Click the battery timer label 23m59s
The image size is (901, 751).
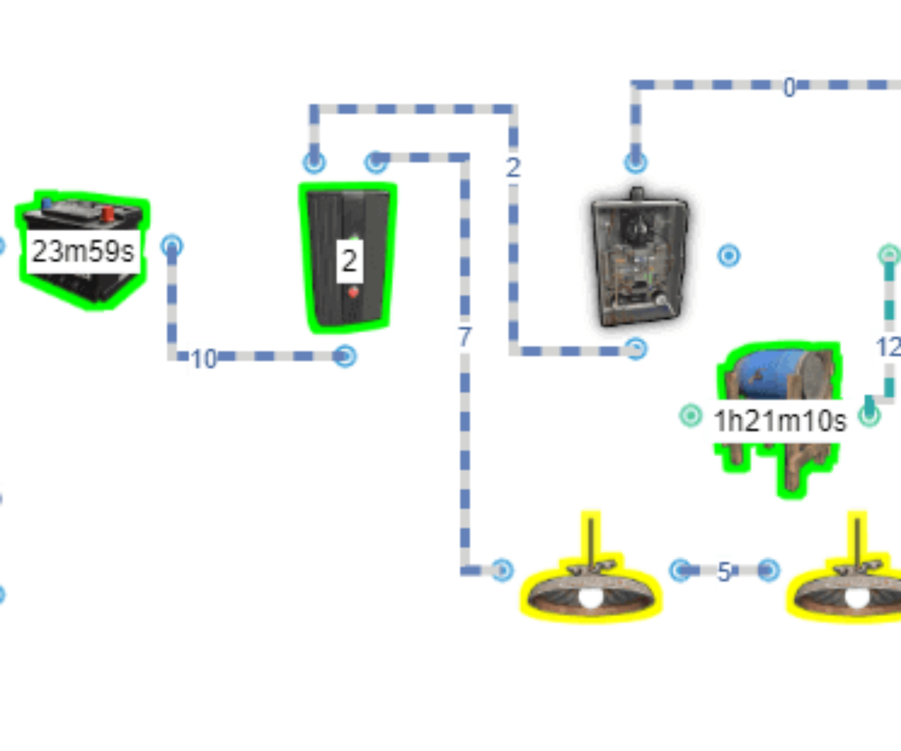pos(83,251)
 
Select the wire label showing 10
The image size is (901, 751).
pos(203,359)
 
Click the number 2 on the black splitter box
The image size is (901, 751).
pos(349,261)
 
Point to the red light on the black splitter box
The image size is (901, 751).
pos(353,293)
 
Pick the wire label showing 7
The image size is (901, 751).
pos(464,337)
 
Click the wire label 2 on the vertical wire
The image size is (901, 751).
pos(512,167)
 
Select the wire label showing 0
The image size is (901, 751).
pos(789,88)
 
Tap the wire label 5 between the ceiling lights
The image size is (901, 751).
pos(724,571)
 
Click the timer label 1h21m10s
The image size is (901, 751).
pos(779,421)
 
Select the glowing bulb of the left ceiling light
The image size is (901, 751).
pos(590,597)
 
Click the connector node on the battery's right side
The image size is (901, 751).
pos(171,245)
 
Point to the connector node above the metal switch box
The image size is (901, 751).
pos(636,162)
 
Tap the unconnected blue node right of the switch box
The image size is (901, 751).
pos(729,256)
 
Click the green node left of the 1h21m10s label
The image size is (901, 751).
pos(690,415)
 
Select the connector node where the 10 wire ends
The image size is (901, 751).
pos(346,357)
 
